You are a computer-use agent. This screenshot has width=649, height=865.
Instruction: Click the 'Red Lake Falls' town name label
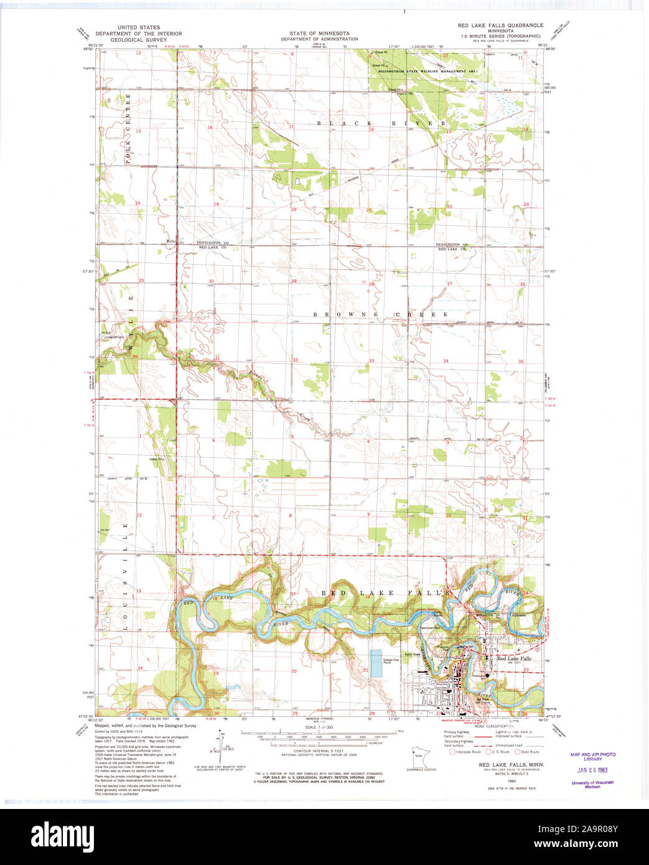click(x=513, y=658)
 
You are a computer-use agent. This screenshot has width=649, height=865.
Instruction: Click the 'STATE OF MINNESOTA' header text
click(x=319, y=34)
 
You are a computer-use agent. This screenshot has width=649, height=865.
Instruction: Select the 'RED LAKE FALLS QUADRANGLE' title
click(x=500, y=26)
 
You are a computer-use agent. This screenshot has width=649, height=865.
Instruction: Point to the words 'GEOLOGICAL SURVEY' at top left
click(x=138, y=39)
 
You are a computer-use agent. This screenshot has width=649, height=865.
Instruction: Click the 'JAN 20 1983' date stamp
click(x=592, y=769)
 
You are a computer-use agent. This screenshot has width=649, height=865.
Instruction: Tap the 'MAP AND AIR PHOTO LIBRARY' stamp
click(x=592, y=757)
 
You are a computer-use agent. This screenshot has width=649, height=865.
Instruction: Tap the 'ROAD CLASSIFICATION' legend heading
click(x=494, y=726)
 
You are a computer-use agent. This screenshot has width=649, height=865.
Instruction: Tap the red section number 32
click(x=296, y=360)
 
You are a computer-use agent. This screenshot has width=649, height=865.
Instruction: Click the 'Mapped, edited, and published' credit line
click(x=145, y=726)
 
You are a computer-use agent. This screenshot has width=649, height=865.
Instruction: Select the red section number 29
click(x=294, y=281)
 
